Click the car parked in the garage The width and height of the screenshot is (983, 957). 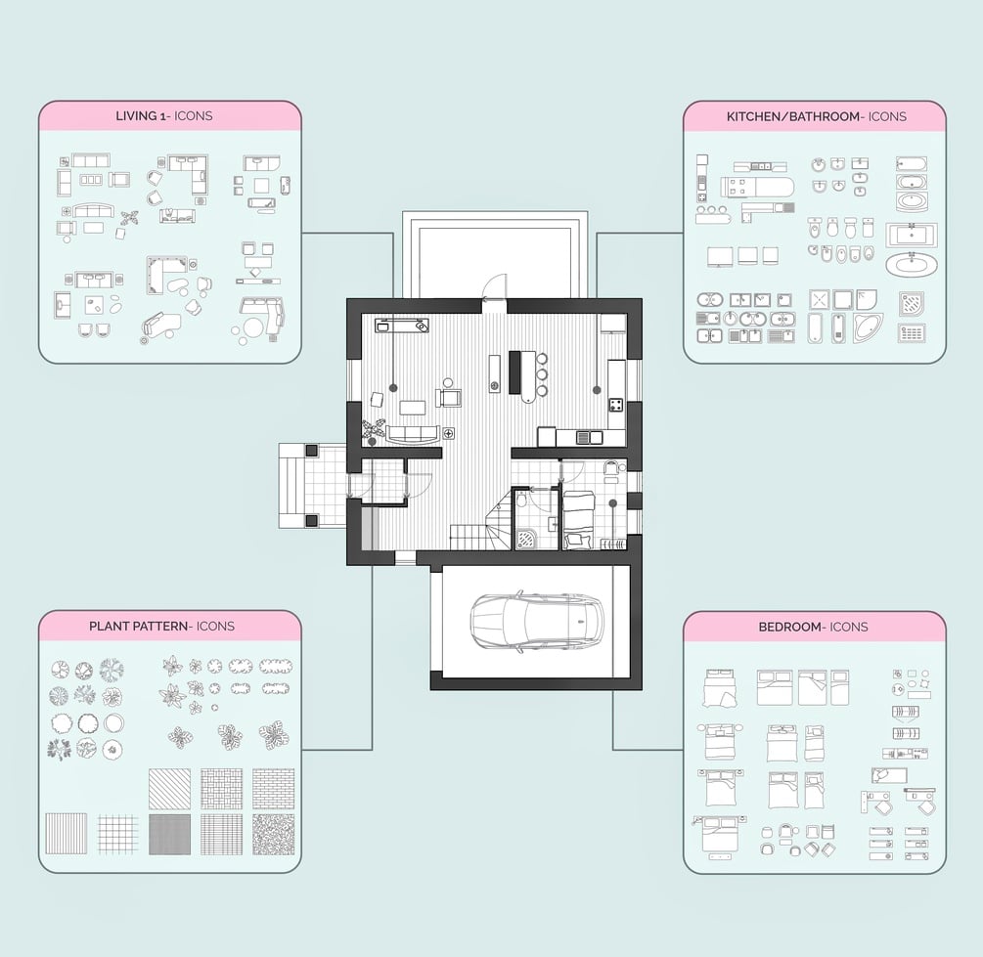(x=537, y=621)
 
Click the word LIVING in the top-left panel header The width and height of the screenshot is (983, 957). (x=136, y=116)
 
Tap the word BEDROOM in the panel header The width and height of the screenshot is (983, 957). (x=789, y=627)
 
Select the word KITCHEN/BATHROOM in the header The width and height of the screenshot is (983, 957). (x=792, y=116)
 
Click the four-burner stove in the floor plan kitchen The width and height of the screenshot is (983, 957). (x=616, y=405)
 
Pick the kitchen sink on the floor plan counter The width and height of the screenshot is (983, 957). (x=589, y=437)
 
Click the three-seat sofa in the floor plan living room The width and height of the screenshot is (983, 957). (x=412, y=434)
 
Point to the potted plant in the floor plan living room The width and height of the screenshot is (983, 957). (x=375, y=430)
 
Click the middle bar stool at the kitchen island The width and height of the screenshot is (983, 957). (x=542, y=374)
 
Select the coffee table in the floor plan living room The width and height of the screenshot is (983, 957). (x=413, y=408)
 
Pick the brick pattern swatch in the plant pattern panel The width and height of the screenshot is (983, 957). (x=273, y=789)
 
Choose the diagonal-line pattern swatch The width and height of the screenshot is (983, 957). (x=169, y=789)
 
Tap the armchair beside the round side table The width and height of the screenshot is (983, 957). (x=449, y=397)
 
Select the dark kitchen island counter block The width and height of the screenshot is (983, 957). (x=514, y=372)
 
